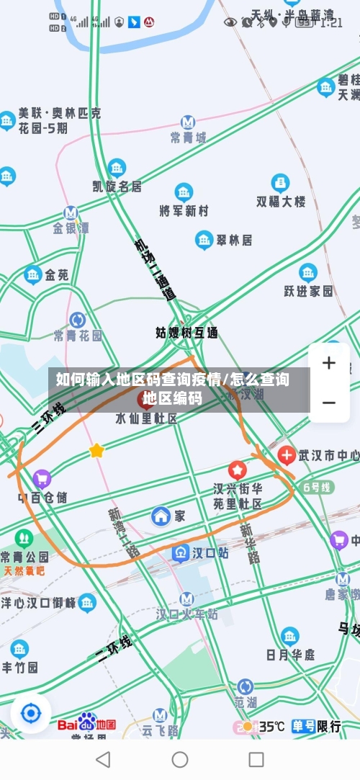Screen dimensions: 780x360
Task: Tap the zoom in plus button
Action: click(x=328, y=363)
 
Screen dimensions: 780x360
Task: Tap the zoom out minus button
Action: click(x=328, y=402)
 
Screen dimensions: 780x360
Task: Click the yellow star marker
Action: click(x=96, y=451)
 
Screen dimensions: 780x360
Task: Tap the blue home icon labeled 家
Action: click(x=161, y=516)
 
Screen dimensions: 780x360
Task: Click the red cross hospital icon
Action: click(x=287, y=455)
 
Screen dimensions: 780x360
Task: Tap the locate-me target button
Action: click(x=31, y=713)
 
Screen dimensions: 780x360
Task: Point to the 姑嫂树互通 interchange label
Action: click(x=187, y=333)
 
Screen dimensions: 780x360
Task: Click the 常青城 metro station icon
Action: click(x=188, y=122)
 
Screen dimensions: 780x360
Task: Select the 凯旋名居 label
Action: click(x=117, y=187)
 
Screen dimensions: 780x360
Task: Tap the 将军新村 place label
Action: click(x=184, y=211)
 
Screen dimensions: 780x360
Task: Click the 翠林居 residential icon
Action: click(x=204, y=240)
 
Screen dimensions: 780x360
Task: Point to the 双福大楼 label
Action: click(x=281, y=202)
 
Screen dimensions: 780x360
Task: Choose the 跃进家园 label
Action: click(x=308, y=291)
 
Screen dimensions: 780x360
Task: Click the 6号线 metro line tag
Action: click(x=318, y=488)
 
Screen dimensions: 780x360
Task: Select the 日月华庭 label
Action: click(x=290, y=655)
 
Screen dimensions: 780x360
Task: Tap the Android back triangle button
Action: click(x=103, y=759)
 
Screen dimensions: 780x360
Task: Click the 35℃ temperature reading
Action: click(x=271, y=727)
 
